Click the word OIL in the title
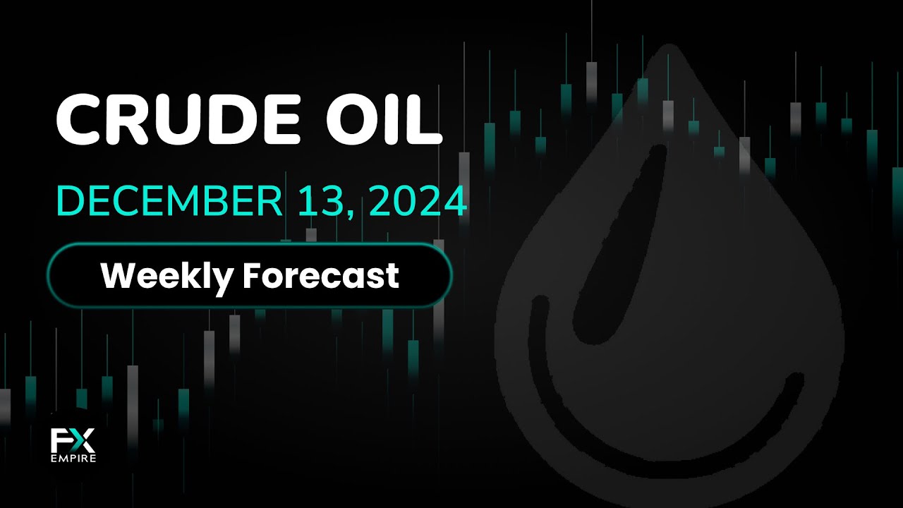[384, 120]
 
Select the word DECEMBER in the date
[169, 201]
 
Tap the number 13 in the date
[321, 201]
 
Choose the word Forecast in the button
[321, 276]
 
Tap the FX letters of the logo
[73, 440]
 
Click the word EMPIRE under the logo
[73, 459]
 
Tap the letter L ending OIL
[425, 120]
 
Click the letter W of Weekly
[120, 276]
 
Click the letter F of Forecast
[252, 276]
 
